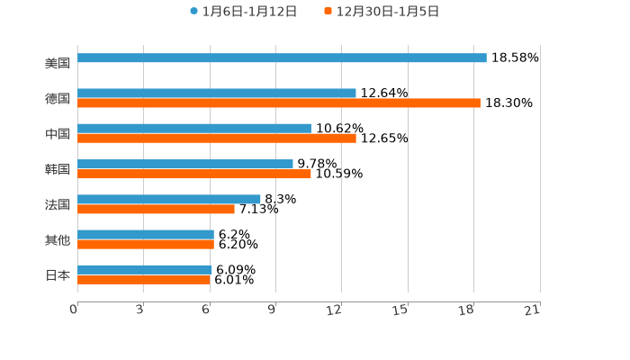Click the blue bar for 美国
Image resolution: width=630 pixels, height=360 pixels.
pyautogui.click(x=282, y=58)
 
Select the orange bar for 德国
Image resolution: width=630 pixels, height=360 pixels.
pyautogui.click(x=279, y=103)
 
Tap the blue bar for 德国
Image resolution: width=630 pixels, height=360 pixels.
pyautogui.click(x=217, y=94)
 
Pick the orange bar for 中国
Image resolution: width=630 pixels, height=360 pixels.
pyautogui.click(x=217, y=139)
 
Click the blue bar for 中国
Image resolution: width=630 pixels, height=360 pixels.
pyautogui.click(x=194, y=129)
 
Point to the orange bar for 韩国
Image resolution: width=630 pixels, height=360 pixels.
pyautogui.click(x=194, y=174)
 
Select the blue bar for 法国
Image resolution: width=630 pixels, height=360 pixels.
pyautogui.click(x=169, y=200)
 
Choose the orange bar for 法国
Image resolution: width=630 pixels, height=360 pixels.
pyautogui.click(x=156, y=209)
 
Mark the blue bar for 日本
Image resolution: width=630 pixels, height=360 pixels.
pyautogui.click(x=145, y=270)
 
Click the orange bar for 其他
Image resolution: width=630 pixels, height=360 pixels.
pyautogui.click(x=146, y=244)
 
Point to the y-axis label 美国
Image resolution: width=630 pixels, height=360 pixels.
pyautogui.click(x=58, y=64)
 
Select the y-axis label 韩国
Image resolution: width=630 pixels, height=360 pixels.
pyautogui.click(x=58, y=169)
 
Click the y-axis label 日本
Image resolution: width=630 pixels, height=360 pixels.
pyautogui.click(x=58, y=274)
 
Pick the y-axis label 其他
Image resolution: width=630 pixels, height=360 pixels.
pyautogui.click(x=58, y=239)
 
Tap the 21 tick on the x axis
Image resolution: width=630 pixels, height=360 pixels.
pyautogui.click(x=533, y=310)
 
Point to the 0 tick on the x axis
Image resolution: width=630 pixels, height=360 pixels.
pyautogui.click(x=74, y=310)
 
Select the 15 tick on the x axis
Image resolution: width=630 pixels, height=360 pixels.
pyautogui.click(x=400, y=310)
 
